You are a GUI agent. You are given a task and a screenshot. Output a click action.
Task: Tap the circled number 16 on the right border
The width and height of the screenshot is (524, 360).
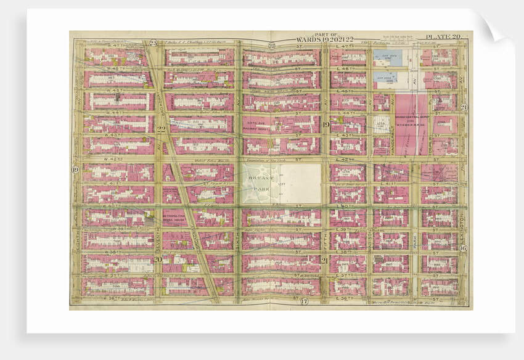click(462, 248)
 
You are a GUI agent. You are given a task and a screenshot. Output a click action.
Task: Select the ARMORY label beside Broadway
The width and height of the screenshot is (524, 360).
click(171, 191)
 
